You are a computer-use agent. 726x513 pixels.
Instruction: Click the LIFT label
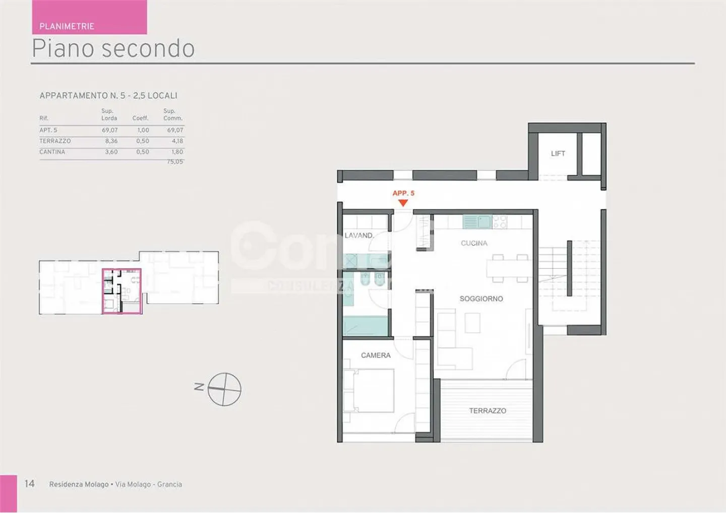click(558, 154)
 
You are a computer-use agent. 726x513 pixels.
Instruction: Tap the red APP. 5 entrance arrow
click(403, 203)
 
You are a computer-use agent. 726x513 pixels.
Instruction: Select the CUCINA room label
click(474, 243)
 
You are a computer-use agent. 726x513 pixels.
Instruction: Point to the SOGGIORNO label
click(481, 299)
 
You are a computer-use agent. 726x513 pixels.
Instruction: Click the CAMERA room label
click(376, 355)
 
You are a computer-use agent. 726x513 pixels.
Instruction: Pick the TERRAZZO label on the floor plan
click(488, 411)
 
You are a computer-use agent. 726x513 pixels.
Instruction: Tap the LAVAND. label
click(359, 235)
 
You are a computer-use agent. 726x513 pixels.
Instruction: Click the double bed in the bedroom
click(369, 391)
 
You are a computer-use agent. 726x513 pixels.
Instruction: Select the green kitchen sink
click(477, 222)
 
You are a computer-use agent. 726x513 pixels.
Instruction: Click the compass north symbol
click(224, 389)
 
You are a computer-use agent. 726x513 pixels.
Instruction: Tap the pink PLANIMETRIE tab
click(89, 18)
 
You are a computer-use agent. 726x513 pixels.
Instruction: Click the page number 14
click(30, 484)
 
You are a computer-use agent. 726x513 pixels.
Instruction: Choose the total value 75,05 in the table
click(175, 162)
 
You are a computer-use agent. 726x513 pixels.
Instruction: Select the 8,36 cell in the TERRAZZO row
click(111, 141)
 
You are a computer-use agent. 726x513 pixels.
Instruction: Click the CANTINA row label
click(52, 152)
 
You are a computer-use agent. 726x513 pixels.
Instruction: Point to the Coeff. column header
click(141, 118)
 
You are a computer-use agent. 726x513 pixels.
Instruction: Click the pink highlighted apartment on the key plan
click(122, 291)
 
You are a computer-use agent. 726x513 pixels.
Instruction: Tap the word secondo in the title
click(148, 49)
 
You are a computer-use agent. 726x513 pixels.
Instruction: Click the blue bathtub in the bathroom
click(365, 326)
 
